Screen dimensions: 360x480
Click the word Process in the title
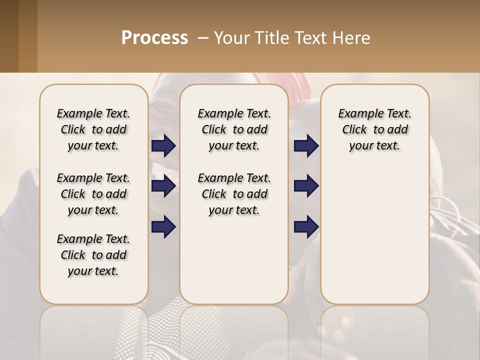point(154,38)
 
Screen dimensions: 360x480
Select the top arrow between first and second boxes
point(163,146)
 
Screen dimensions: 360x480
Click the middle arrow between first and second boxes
point(163,186)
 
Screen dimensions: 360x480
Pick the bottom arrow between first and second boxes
point(163,227)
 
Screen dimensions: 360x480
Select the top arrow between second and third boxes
point(306,146)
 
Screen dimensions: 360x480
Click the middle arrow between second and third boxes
point(306,186)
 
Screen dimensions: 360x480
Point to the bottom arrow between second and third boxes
point(306,227)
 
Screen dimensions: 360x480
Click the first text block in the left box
point(93,129)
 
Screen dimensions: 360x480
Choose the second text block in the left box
point(93,194)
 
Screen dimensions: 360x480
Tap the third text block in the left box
point(93,255)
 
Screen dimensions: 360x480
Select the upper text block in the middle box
point(234,129)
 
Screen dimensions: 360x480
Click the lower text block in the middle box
point(234,194)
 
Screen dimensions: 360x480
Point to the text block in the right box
point(374,129)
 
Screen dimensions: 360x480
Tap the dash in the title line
point(203,38)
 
